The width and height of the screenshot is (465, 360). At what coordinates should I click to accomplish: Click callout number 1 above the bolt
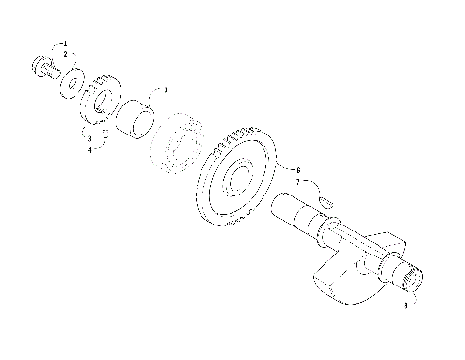(x=65, y=45)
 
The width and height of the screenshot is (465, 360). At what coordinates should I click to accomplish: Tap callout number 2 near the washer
(x=65, y=55)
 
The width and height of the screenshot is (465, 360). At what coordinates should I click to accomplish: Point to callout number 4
(x=89, y=150)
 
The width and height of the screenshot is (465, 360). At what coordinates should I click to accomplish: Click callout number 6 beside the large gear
(x=298, y=170)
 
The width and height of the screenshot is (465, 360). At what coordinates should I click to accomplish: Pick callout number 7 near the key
(x=298, y=181)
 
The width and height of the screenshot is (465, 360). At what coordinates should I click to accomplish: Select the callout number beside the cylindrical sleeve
(x=166, y=90)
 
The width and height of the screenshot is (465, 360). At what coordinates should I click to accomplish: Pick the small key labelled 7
(x=325, y=200)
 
